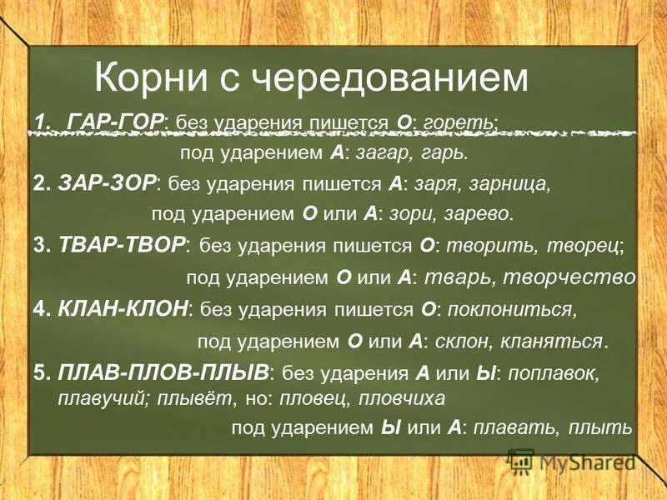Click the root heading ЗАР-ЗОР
108,183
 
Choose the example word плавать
512,428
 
